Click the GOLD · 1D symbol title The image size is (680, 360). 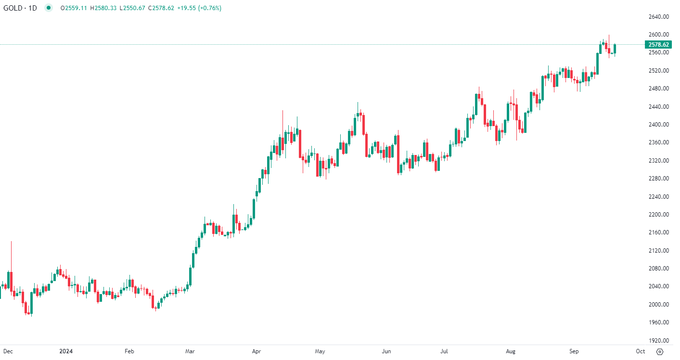coord(20,8)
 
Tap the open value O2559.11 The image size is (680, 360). coord(74,8)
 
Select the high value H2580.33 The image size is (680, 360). coord(103,8)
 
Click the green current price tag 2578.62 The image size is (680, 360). coord(658,44)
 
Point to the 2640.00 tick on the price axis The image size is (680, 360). coord(658,17)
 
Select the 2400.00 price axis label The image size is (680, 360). coord(658,125)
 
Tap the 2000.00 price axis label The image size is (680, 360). coord(658,305)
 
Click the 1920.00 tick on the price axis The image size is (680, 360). coord(658,340)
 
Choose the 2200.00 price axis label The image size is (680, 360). coord(658,215)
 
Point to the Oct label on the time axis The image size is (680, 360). coord(640,351)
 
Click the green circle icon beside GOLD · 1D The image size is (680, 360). coord(48,8)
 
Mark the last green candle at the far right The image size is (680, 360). coord(615,49)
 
